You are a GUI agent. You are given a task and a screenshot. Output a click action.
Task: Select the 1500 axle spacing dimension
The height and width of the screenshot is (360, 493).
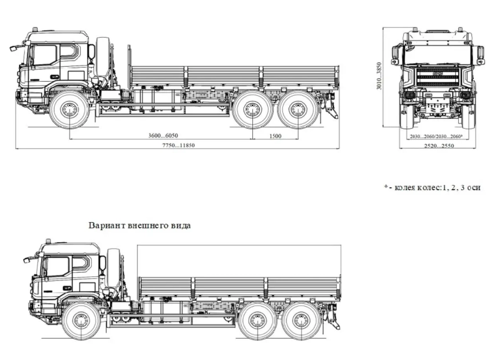coord(275,135)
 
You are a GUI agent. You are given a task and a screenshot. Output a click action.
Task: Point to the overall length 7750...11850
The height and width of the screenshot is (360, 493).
coord(177,145)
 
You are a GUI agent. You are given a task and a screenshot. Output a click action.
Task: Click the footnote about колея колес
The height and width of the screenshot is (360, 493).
coord(432,187)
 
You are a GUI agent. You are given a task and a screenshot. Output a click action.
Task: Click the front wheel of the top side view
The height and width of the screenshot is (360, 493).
coord(70,108)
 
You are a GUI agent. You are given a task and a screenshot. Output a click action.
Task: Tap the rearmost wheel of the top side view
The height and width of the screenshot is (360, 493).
coord(299,108)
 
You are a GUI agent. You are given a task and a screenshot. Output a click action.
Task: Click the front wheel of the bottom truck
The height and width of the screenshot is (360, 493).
coord(82,321)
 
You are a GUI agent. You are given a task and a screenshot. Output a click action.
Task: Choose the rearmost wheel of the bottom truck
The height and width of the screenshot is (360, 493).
coord(302,320)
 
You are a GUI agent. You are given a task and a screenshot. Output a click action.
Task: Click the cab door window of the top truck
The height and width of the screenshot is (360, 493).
coord(45,56)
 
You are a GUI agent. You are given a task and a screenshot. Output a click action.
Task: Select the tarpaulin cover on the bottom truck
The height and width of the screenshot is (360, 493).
coord(238,260)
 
